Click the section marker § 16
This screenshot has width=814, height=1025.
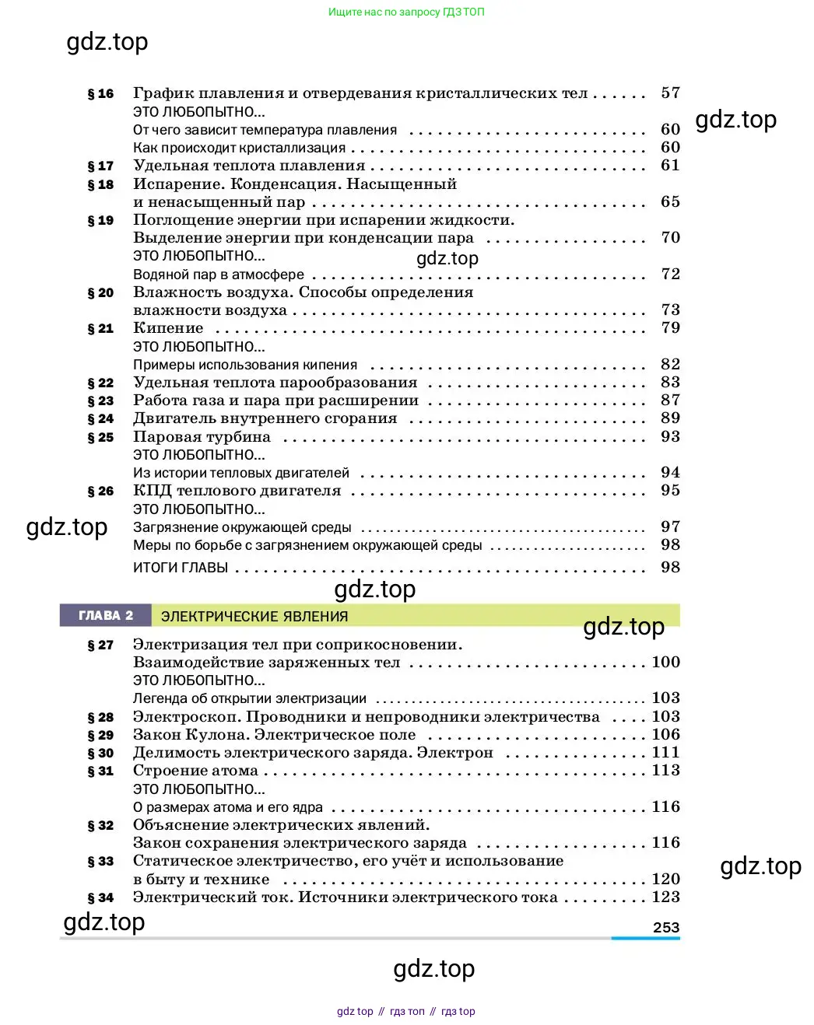click(x=100, y=94)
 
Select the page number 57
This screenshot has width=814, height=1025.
click(x=670, y=93)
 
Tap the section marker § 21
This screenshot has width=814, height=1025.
click(x=100, y=329)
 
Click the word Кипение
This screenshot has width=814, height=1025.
click(x=168, y=328)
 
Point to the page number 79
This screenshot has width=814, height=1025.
click(x=670, y=328)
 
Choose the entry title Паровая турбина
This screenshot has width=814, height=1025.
click(x=202, y=437)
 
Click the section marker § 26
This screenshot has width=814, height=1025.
click(x=100, y=492)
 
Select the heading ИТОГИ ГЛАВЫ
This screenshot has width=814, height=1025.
click(x=181, y=568)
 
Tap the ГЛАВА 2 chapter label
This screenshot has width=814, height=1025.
click(x=106, y=616)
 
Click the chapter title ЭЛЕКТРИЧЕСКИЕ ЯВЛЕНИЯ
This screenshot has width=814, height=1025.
click(x=254, y=617)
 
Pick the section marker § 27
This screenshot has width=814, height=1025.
click(x=100, y=645)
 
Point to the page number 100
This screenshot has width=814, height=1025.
click(x=665, y=663)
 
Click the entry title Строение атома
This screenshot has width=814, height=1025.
click(x=195, y=771)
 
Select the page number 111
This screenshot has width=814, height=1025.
click(x=665, y=753)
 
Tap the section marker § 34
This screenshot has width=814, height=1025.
click(x=100, y=898)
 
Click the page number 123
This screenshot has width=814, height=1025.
click(x=665, y=897)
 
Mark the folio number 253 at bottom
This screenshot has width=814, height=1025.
click(x=666, y=928)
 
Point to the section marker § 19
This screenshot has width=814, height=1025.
click(x=100, y=221)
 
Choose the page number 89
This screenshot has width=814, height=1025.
click(x=670, y=418)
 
